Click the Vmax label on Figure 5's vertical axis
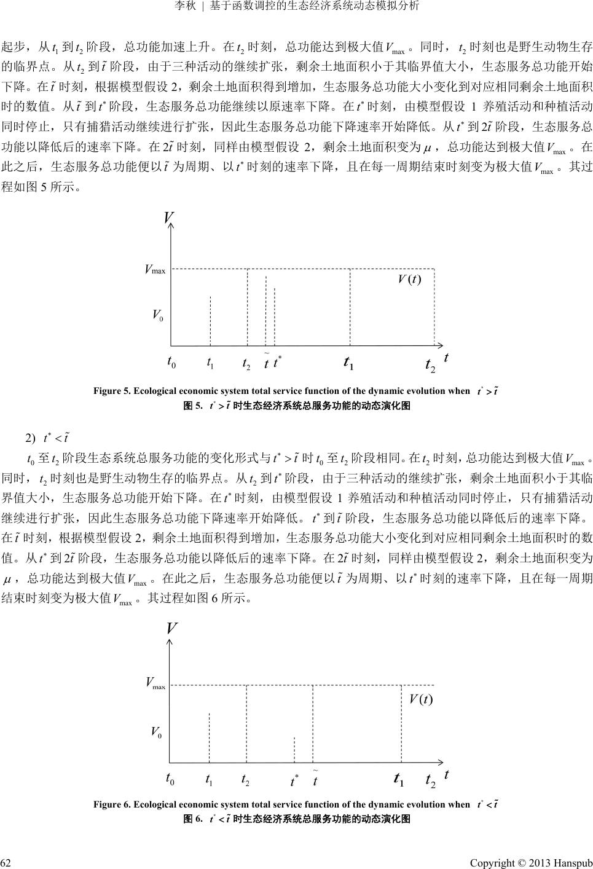(x=155, y=270)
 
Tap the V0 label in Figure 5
(x=157, y=315)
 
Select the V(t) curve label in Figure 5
(x=409, y=280)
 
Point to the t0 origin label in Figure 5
(x=171, y=362)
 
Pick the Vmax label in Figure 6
(x=155, y=683)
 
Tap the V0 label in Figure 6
(x=157, y=732)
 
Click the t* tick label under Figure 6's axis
(x=294, y=781)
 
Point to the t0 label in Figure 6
(x=171, y=779)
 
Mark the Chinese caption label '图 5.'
(x=193, y=406)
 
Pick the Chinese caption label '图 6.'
(x=193, y=819)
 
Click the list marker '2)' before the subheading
(x=29, y=438)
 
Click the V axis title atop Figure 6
(x=171, y=629)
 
